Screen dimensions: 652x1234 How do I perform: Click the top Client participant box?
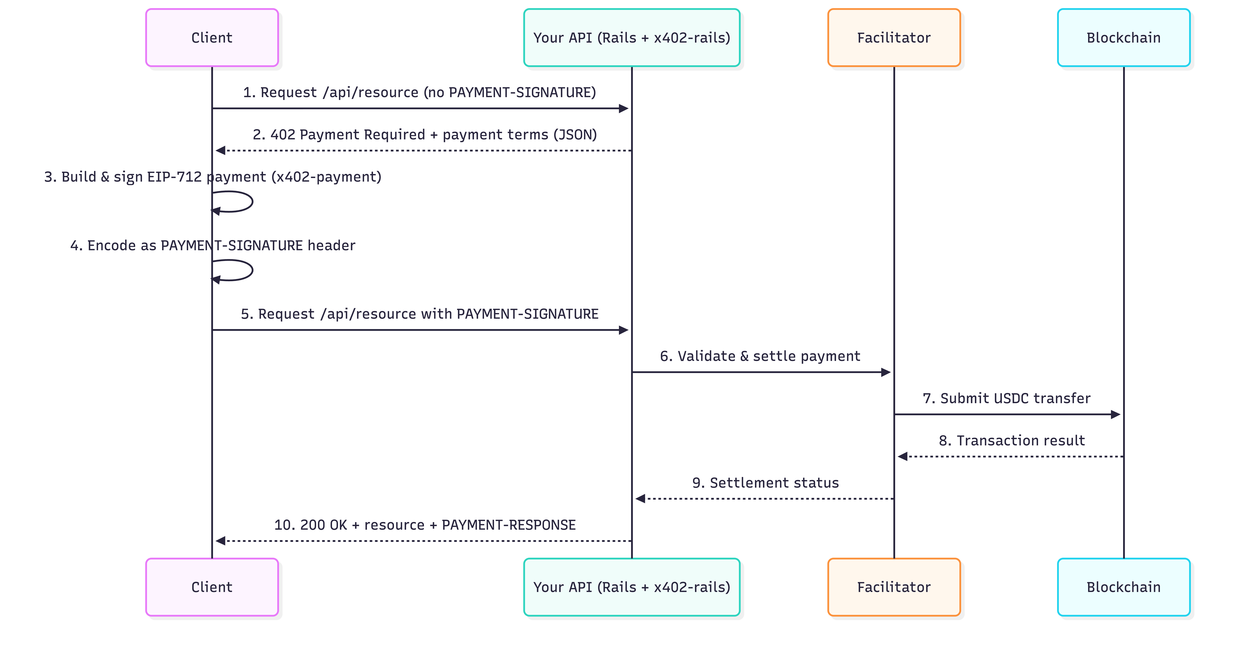[212, 37]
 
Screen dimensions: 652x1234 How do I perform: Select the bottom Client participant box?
[212, 587]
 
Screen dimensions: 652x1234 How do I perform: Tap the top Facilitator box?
[893, 37]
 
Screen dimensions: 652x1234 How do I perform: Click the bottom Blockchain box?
[1123, 587]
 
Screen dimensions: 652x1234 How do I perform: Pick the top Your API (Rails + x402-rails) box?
[631, 37]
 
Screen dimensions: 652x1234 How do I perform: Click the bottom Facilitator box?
[893, 587]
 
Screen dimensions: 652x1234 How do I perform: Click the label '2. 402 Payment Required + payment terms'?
[424, 135]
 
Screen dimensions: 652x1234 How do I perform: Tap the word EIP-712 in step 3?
[174, 177]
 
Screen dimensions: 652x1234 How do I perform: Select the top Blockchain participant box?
[1123, 37]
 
